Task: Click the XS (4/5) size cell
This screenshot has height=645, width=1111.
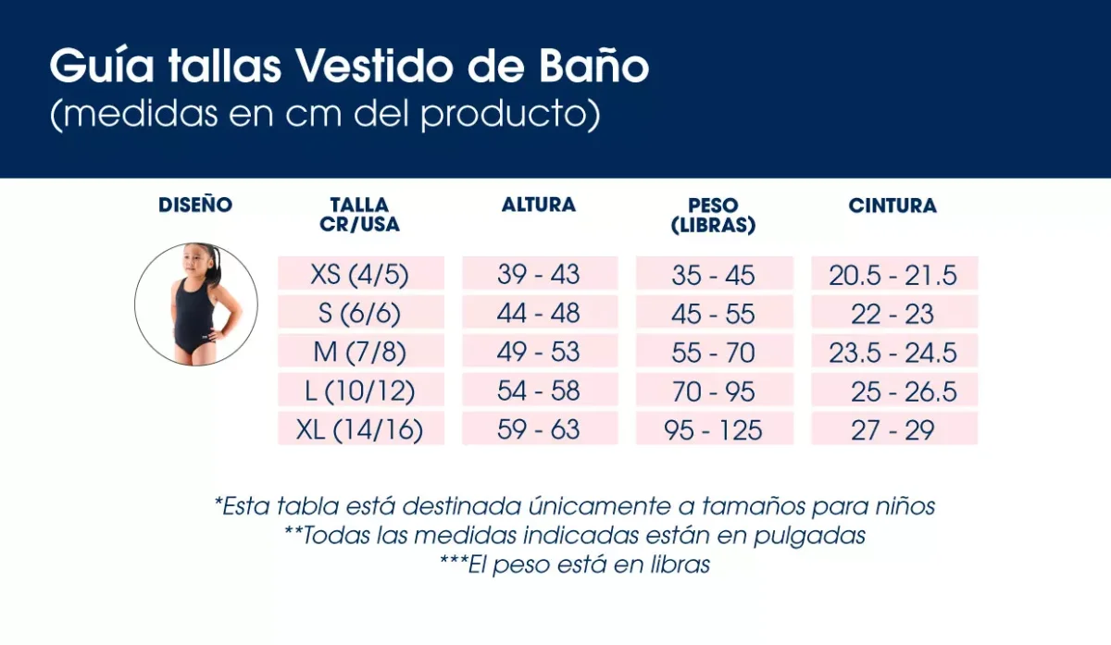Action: (360, 274)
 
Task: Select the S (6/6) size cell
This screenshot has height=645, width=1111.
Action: (360, 313)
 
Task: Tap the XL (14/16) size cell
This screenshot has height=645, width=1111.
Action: (360, 429)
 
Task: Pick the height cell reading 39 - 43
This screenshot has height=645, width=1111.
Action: (538, 274)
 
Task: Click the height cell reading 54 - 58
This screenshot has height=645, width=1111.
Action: (538, 391)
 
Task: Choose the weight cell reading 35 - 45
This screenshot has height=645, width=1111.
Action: (713, 275)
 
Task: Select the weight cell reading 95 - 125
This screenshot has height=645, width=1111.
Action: (713, 430)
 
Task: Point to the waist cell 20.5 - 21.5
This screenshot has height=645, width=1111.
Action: (893, 275)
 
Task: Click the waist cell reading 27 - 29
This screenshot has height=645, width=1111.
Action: (893, 430)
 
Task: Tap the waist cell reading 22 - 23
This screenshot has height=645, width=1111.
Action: (893, 314)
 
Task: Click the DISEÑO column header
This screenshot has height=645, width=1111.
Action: (195, 205)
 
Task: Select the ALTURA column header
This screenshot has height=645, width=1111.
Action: (538, 205)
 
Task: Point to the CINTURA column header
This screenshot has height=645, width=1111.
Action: (893, 205)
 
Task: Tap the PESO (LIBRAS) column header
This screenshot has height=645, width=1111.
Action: (713, 215)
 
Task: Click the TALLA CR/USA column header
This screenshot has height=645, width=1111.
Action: (360, 215)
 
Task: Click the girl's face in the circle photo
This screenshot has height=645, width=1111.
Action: (197, 260)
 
